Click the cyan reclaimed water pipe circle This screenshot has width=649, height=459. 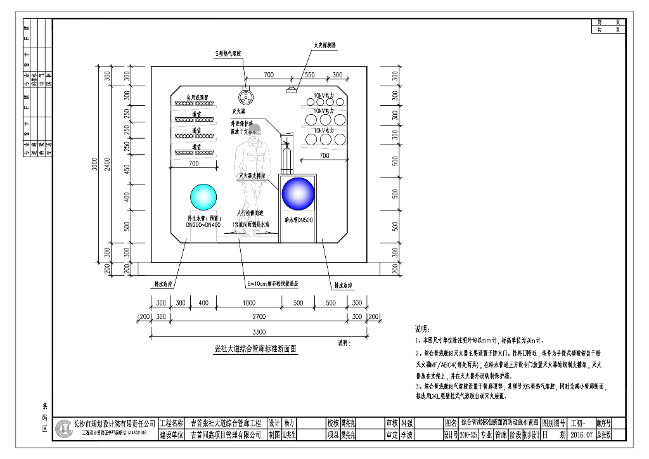click(x=203, y=197)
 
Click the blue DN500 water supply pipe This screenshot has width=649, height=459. click(x=298, y=194)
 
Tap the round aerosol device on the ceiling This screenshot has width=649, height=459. click(x=245, y=97)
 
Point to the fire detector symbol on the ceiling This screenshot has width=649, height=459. click(x=292, y=91)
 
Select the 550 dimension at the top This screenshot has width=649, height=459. click(x=309, y=75)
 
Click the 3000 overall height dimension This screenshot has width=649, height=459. click(x=94, y=167)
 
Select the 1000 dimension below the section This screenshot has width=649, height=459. click(x=248, y=303)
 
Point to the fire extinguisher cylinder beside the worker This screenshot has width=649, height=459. click(x=286, y=158)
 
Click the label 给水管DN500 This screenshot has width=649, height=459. click(x=298, y=219)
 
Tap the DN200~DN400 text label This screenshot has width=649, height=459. click(x=203, y=225)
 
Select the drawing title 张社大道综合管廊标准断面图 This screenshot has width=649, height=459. click(x=256, y=349)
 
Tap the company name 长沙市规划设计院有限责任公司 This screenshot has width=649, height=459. click(x=115, y=423)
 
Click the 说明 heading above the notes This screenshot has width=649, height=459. click(x=421, y=330)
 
